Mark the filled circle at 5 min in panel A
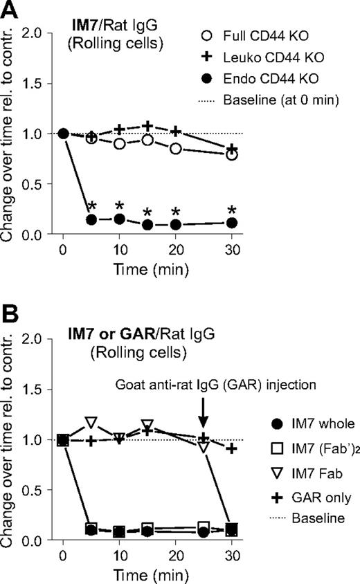[91, 219]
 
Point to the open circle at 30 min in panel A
[232, 155]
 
